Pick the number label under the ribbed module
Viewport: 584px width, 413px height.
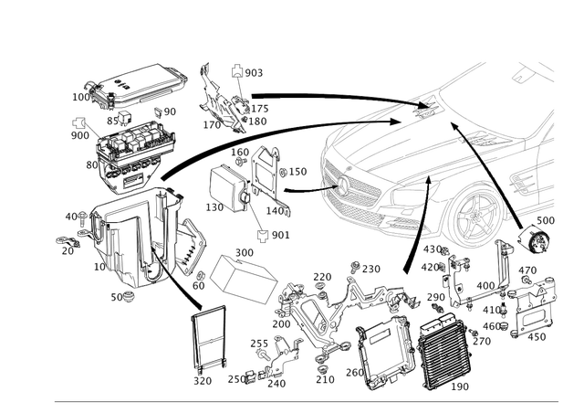click(458, 387)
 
